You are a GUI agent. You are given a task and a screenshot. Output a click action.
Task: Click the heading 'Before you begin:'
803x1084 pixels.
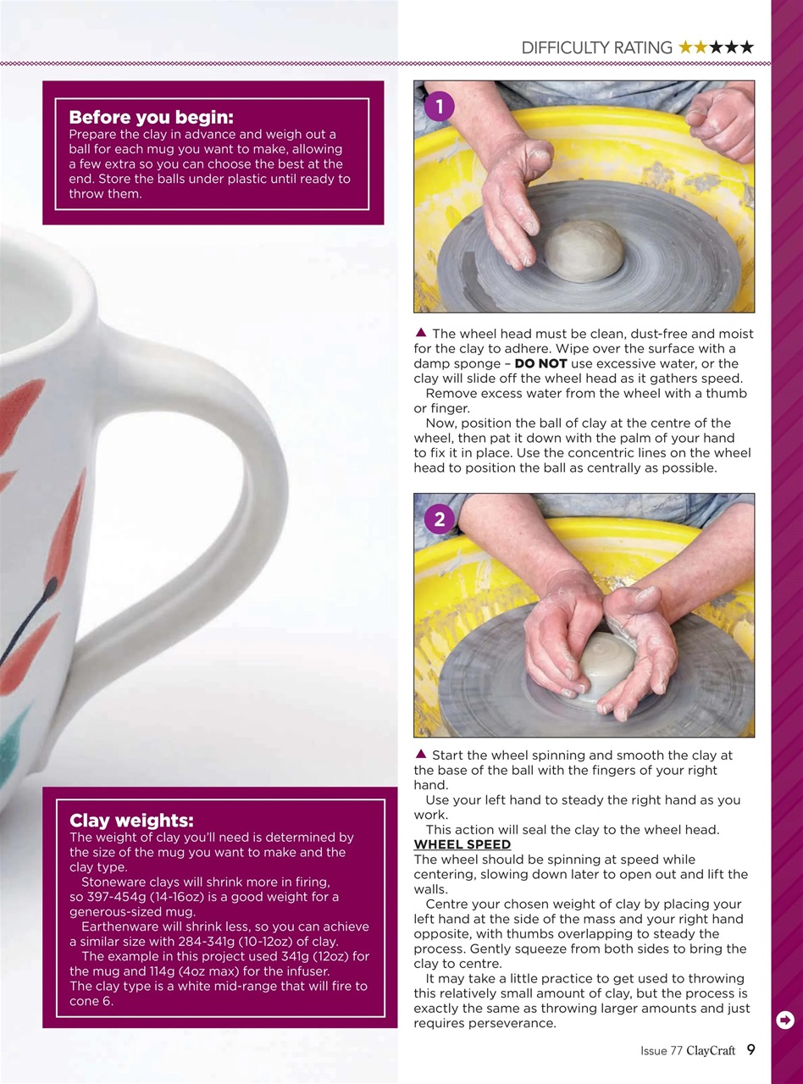click(x=150, y=117)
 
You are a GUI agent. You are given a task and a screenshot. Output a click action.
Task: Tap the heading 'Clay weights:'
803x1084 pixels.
click(x=131, y=820)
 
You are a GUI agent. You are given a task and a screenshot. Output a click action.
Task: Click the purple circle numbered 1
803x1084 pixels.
click(x=439, y=106)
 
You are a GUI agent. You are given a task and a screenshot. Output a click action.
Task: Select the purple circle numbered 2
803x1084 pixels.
click(x=439, y=519)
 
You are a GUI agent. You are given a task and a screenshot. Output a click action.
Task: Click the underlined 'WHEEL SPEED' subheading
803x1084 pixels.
click(x=462, y=844)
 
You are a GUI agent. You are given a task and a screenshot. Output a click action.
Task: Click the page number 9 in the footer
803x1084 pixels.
click(x=750, y=1050)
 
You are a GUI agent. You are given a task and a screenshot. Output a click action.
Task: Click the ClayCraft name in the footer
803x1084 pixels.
click(x=710, y=1051)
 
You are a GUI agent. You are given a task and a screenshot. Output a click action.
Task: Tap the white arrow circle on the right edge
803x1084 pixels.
click(x=785, y=1020)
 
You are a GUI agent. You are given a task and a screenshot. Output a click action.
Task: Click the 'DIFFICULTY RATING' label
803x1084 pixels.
click(x=596, y=48)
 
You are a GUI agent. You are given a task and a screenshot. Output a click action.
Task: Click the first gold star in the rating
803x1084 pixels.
click(x=686, y=47)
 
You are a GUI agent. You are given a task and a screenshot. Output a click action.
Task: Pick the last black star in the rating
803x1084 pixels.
click(x=745, y=47)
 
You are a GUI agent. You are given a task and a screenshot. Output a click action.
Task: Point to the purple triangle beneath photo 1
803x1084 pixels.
click(x=421, y=332)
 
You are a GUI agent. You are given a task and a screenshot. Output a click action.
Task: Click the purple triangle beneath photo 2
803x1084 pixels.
click(x=421, y=753)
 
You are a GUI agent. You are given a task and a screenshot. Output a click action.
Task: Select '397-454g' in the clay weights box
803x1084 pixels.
click(x=109, y=897)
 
